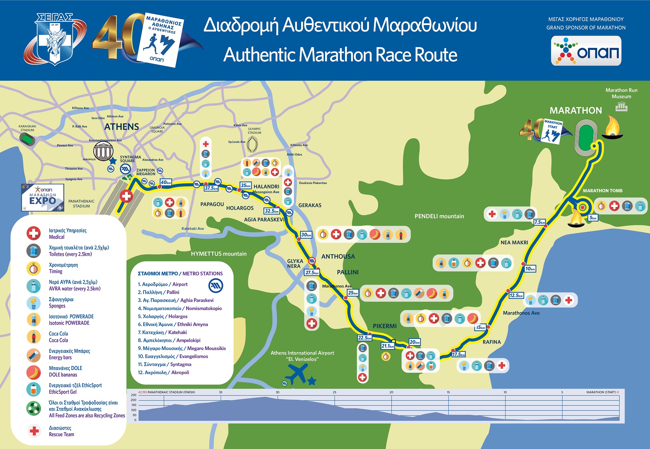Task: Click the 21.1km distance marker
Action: [x=388, y=346]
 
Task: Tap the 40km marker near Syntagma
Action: [x=166, y=182]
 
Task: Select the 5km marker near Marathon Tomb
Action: [x=593, y=218]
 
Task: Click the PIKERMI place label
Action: [x=385, y=326]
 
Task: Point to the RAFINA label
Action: [x=492, y=342]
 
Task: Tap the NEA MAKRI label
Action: [x=514, y=243]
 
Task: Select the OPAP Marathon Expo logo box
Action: [x=43, y=198]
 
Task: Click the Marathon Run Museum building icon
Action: [x=621, y=107]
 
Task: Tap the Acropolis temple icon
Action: [x=103, y=151]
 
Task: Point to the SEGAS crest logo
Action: [x=54, y=39]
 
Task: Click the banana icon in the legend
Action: [x=34, y=372]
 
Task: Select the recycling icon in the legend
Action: [x=34, y=409]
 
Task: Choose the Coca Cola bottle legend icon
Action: [x=34, y=337]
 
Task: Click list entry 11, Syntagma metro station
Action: [x=165, y=364]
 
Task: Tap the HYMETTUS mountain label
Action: [x=219, y=254]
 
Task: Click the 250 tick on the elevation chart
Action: [x=133, y=395]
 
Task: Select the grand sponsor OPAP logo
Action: [x=586, y=51]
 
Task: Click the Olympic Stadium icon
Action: [x=252, y=144]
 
